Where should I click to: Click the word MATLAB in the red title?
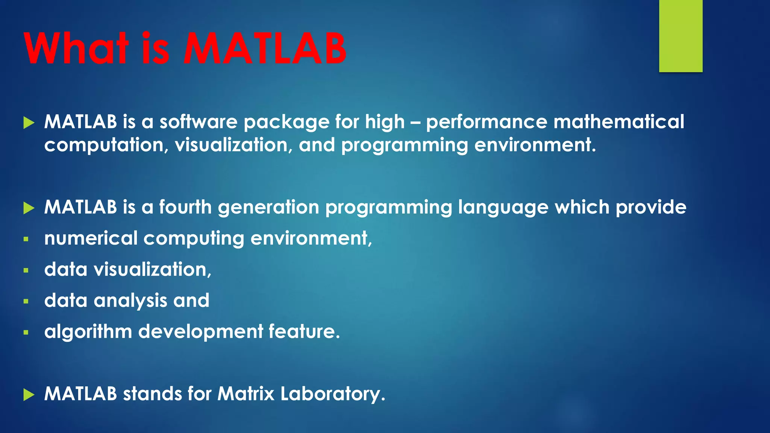point(265,49)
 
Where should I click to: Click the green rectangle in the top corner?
point(681,36)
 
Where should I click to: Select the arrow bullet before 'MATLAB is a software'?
point(29,123)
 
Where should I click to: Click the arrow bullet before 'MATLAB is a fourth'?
point(29,208)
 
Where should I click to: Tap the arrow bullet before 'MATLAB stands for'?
point(29,395)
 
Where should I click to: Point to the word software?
point(198,122)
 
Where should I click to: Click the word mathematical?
point(618,122)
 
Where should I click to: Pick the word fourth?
point(185,207)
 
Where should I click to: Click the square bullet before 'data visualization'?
point(26,270)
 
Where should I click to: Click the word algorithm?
point(88,332)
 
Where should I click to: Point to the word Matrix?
point(246,394)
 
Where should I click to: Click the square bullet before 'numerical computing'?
point(26,239)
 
